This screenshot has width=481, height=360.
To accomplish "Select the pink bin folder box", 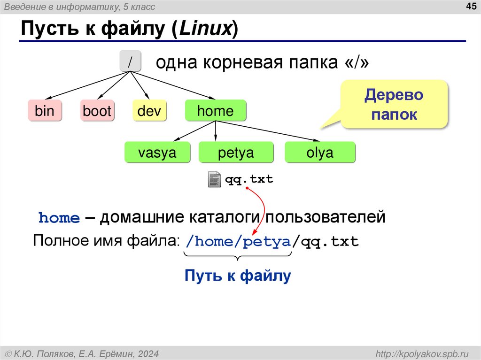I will click(45, 111).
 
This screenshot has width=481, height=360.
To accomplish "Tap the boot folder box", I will click(97, 111).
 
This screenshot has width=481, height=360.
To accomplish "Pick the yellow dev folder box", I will click(149, 111).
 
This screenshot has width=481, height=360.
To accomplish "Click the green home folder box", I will click(215, 111).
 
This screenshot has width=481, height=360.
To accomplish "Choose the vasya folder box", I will click(157, 153).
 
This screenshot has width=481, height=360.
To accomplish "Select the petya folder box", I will click(235, 153).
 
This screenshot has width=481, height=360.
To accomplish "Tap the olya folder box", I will click(320, 153).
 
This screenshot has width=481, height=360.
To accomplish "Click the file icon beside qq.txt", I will click(214, 180).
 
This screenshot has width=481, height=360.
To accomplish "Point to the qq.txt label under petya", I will click(249, 179).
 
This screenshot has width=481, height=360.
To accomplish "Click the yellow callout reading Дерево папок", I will click(394, 105).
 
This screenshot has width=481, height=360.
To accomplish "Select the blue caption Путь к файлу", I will click(238, 276).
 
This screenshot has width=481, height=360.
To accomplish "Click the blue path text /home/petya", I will click(238, 242).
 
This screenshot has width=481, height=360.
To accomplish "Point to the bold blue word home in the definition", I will click(59, 218).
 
